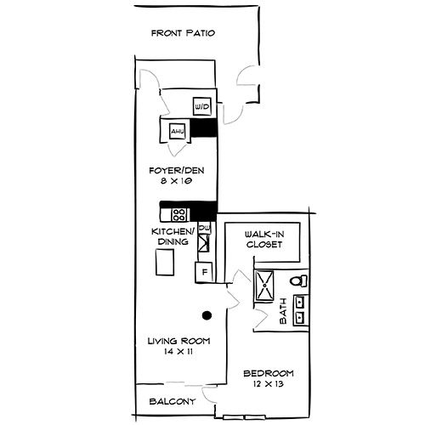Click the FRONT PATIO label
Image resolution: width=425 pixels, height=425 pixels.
click(x=183, y=34)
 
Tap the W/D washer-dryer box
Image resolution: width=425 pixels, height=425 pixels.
click(x=202, y=106)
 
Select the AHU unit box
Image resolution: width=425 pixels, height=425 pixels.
click(x=177, y=132)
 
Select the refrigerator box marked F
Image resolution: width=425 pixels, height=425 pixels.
click(x=203, y=273)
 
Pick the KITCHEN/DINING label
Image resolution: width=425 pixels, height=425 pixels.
click(x=173, y=236)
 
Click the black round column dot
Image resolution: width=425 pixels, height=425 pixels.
click(x=205, y=314)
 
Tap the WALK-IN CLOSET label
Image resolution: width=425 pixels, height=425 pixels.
click(x=263, y=239)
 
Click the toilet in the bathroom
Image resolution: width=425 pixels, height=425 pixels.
click(x=298, y=280)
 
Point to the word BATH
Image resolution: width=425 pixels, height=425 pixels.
click(x=284, y=311)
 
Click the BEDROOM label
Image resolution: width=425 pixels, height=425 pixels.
click(x=268, y=373)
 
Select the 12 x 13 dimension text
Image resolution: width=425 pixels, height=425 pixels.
click(x=268, y=384)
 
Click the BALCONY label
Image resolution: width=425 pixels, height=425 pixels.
click(x=173, y=401)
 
